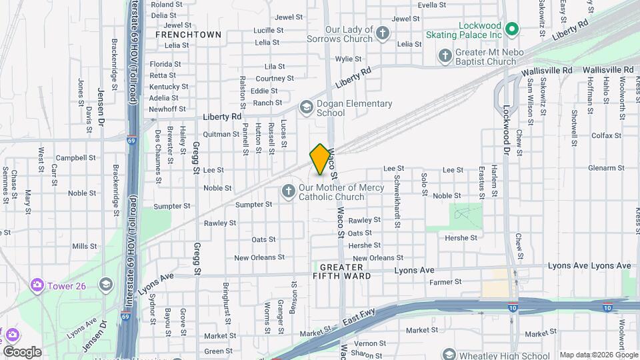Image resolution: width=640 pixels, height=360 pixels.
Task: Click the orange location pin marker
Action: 321,159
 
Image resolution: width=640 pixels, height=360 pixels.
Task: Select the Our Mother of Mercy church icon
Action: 289,192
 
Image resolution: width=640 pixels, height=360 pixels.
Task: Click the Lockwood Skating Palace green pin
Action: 512,29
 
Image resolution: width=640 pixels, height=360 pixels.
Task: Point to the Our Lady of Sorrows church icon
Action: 382,33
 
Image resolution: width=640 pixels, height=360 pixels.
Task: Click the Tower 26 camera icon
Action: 37,285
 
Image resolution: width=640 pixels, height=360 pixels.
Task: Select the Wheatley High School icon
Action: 449,355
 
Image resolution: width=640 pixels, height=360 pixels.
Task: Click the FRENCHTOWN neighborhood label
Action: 179,33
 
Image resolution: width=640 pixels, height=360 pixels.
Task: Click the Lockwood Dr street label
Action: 506,129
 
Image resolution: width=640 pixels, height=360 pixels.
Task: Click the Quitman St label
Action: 221,134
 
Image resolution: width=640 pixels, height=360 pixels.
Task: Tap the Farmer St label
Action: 445,282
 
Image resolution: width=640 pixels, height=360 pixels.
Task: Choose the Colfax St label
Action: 606,135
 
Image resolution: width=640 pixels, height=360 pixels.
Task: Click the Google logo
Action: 22,352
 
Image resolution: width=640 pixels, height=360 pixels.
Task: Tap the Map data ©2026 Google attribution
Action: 597,355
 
